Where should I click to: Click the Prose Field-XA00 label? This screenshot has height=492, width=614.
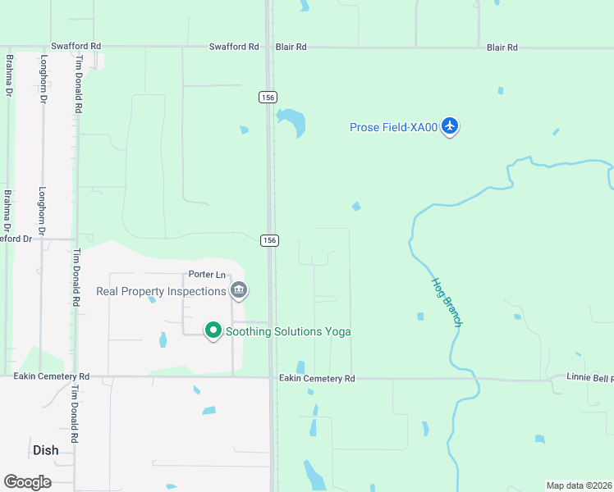pos(393,127)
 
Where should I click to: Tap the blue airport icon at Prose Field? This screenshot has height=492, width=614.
pos(449,126)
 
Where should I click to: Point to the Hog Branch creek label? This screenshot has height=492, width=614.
pos(447,302)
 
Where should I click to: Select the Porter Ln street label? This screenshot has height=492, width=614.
pos(207,274)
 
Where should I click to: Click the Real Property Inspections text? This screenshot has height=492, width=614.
pos(161,291)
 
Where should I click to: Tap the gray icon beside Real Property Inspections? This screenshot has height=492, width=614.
pos(239,289)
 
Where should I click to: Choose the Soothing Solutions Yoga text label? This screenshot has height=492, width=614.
pos(288,331)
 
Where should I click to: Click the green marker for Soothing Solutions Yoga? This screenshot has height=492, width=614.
pos(213,330)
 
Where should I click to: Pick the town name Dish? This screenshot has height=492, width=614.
pos(46,450)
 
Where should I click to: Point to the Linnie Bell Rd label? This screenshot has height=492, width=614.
pos(589,378)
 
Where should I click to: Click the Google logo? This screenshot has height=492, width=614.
pos(27,481)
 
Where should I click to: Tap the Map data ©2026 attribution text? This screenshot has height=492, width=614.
pos(579,485)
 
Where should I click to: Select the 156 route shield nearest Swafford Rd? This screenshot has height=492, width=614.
pos(268,97)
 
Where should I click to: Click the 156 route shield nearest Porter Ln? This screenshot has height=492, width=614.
pos(269,240)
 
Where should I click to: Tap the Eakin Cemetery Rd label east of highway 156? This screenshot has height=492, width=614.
pos(317,378)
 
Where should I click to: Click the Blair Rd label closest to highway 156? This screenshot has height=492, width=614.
pos(291,48)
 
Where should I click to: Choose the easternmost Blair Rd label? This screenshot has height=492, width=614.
pos(502,48)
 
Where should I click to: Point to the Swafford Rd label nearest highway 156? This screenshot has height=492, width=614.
pos(234,47)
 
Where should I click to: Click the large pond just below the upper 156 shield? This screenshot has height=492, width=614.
pos(292,123)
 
